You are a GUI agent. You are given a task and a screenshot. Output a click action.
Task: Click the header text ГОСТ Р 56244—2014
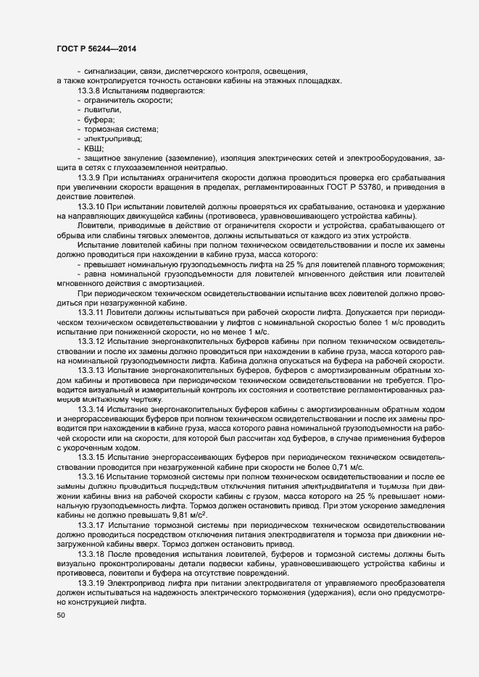point(96,49)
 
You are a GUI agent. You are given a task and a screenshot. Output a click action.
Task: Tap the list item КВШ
point(94,148)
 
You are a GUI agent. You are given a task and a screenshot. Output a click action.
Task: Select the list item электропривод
point(112,138)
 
